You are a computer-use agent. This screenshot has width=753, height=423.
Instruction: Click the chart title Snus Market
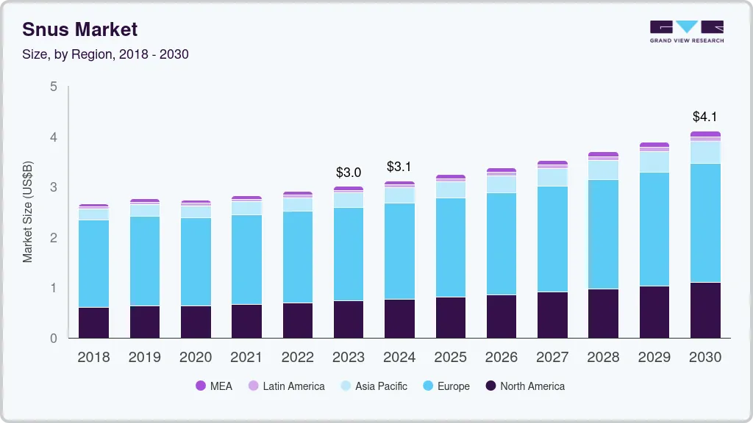coord(79,29)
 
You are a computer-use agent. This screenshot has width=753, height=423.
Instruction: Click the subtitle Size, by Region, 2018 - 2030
coord(105,55)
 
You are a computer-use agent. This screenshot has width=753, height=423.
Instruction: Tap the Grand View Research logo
coord(686,31)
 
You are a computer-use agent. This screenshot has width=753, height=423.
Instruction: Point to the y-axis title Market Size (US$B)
coord(28,211)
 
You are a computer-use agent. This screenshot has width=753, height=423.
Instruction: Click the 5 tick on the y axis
coord(53,87)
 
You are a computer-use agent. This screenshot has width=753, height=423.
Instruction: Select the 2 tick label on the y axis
coord(53,238)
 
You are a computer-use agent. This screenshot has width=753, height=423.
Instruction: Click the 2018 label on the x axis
coord(93,357)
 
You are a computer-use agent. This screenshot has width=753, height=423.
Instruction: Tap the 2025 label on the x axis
coord(450,357)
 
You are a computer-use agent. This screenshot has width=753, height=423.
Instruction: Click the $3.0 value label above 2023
coord(349,173)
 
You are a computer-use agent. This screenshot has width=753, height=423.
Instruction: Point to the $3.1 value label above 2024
coord(399,167)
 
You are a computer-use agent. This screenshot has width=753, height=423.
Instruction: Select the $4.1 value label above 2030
coord(705,117)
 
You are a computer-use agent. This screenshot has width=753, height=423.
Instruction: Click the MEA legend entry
coord(214,386)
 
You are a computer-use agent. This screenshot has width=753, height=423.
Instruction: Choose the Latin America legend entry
coord(286,386)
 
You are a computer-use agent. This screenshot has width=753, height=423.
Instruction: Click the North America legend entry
coord(524,386)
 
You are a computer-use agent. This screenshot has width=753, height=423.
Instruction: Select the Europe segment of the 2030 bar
coord(705,223)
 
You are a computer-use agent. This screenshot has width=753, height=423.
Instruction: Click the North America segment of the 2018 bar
coord(93,322)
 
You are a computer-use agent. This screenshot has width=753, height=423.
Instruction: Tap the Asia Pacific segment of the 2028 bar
coord(603,170)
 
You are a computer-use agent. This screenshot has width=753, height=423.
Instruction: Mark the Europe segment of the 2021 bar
coord(246,259)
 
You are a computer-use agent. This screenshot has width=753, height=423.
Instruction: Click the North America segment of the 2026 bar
coord(502,317)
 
